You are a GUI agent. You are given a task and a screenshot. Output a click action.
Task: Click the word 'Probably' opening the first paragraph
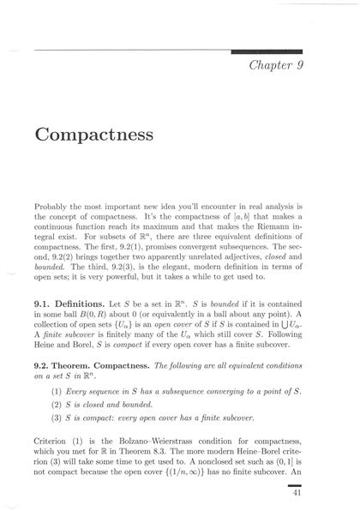click(52, 207)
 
